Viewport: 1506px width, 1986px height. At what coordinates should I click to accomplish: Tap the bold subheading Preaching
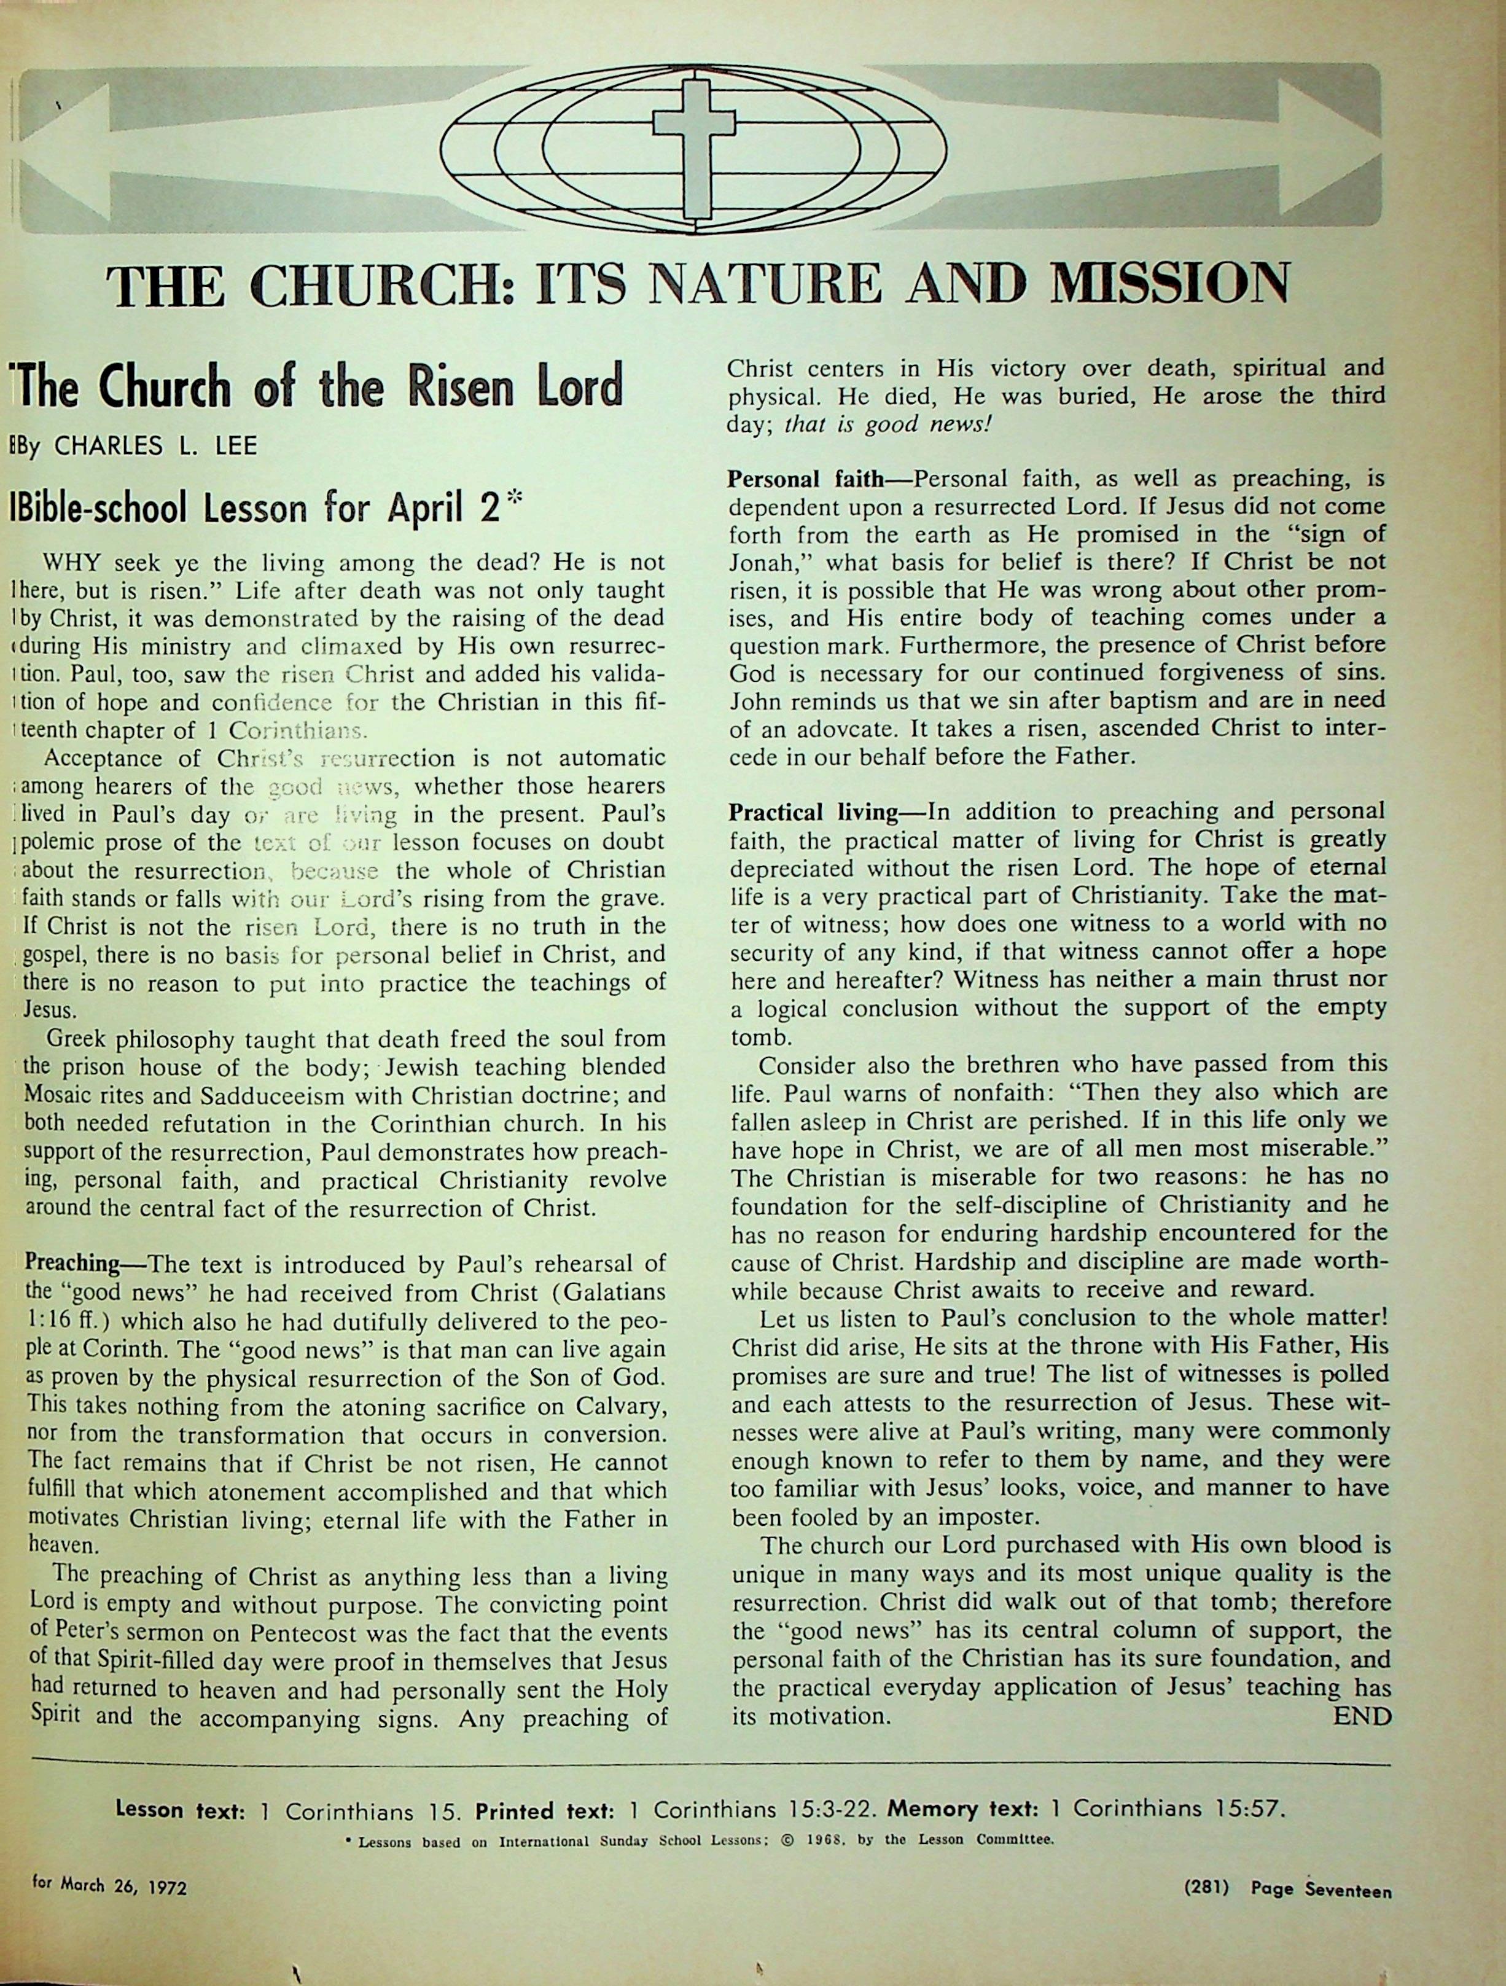tap(72, 1264)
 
